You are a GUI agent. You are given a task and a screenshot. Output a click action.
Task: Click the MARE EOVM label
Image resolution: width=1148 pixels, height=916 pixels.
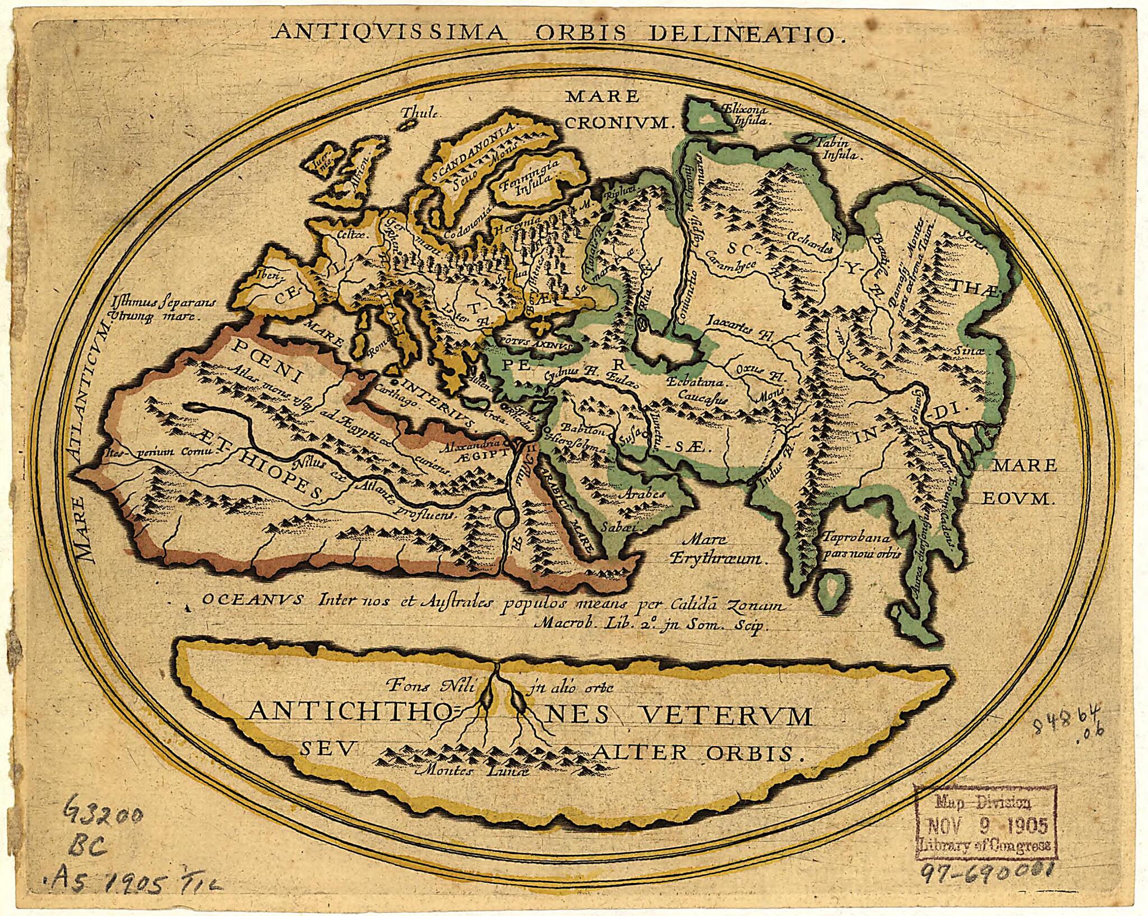tap(1019, 481)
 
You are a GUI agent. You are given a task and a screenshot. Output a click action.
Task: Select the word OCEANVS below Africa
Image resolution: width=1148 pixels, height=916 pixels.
tap(252, 599)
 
